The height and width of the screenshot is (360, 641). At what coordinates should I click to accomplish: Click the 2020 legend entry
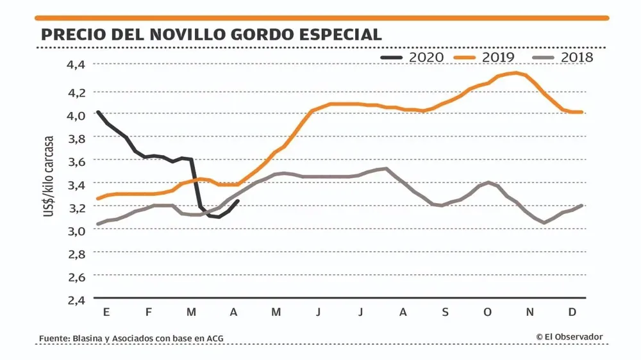[412, 57]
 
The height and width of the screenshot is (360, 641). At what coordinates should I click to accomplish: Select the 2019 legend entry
[485, 57]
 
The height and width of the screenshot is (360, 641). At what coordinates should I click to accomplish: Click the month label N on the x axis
[529, 312]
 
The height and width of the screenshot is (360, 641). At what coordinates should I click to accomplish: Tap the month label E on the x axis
[106, 312]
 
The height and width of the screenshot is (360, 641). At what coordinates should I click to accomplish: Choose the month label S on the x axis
[445, 312]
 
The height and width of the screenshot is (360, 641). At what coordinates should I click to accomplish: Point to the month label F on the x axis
[148, 312]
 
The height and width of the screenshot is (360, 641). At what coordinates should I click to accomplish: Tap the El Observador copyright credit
[569, 337]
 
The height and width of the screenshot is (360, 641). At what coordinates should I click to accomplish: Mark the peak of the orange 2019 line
[516, 72]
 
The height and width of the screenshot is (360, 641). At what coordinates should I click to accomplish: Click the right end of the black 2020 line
[238, 201]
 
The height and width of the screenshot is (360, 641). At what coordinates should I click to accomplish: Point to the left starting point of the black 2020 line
[97, 112]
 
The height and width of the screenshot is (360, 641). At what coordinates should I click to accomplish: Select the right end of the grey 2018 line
[581, 206]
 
